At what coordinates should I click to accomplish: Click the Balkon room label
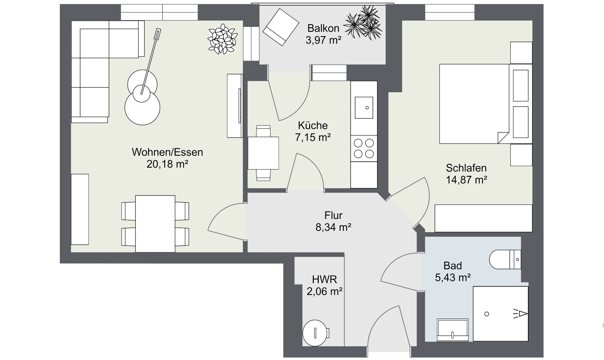[323, 28]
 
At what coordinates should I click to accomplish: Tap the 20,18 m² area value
[167, 164]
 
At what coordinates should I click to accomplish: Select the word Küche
[313, 125]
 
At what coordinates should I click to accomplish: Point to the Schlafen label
[466, 168]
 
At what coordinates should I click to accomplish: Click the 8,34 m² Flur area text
[333, 227]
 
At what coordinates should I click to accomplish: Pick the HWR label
[324, 280]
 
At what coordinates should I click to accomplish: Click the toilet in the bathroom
[505, 260]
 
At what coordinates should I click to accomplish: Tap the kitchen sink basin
[364, 108]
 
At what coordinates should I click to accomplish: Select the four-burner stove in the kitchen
[364, 149]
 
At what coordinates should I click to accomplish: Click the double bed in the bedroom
[486, 104]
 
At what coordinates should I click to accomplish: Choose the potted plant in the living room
[222, 39]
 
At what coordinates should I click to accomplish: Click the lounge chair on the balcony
[281, 27]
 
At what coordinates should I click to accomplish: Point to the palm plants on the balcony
[363, 23]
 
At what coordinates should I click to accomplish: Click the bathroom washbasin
[453, 330]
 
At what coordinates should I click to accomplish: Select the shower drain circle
[486, 314]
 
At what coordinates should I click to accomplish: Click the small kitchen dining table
[263, 153]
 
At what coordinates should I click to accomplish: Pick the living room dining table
[155, 224]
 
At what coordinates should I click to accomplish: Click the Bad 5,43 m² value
[453, 278]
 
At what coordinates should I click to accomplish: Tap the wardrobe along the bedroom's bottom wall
[483, 218]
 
